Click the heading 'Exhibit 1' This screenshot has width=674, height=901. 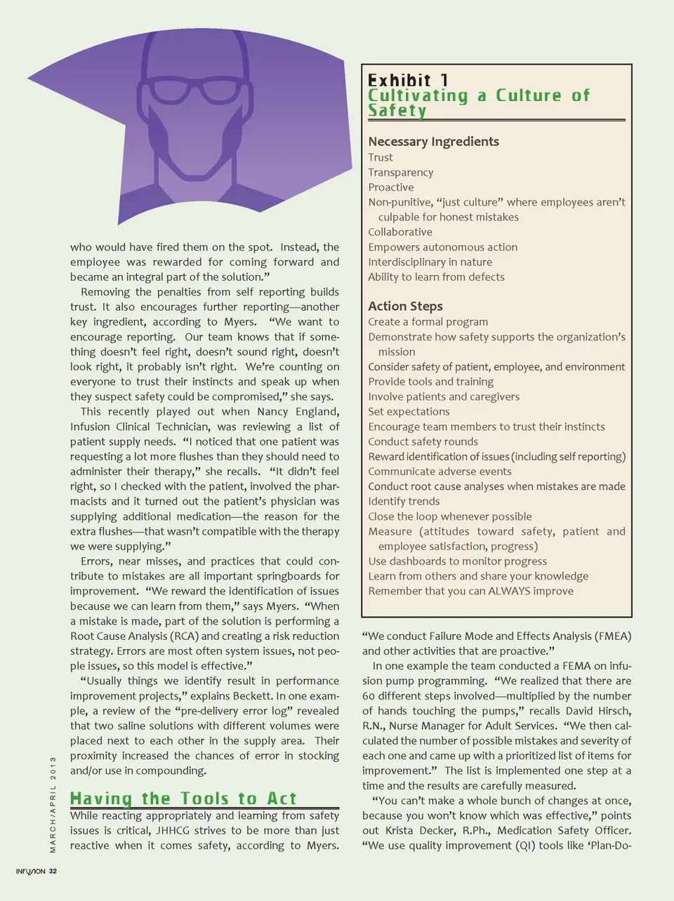coord(408,80)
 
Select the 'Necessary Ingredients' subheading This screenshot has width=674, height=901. coord(433,141)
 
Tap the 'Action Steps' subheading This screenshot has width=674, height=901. coord(405,306)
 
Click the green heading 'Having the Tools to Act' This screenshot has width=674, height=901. coord(183,799)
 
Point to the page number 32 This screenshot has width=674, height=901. coord(53,872)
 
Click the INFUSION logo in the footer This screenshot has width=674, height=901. coord(31,872)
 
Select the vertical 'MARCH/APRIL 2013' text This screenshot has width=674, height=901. coord(53,804)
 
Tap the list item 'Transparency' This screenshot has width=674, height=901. coord(400,173)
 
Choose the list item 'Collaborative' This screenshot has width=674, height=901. coord(400,232)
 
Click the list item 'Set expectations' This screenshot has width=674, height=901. coord(409,412)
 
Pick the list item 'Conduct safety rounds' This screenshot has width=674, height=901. coord(423,441)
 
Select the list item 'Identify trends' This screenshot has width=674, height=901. coord(404,501)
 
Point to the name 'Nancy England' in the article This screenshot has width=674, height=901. coord(298,412)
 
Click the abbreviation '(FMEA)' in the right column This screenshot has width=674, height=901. coord(613,636)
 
